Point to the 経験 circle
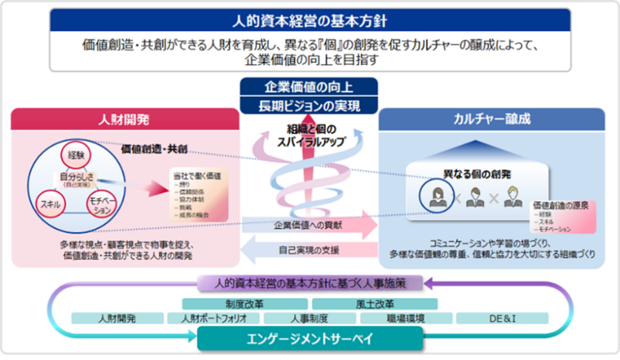[x=76, y=155]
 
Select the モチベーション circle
[x=102, y=205]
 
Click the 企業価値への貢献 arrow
[x=307, y=225]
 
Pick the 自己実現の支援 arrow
[x=307, y=250]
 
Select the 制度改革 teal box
[x=245, y=303]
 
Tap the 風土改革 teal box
[x=374, y=303]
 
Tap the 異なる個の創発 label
[x=474, y=173]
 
